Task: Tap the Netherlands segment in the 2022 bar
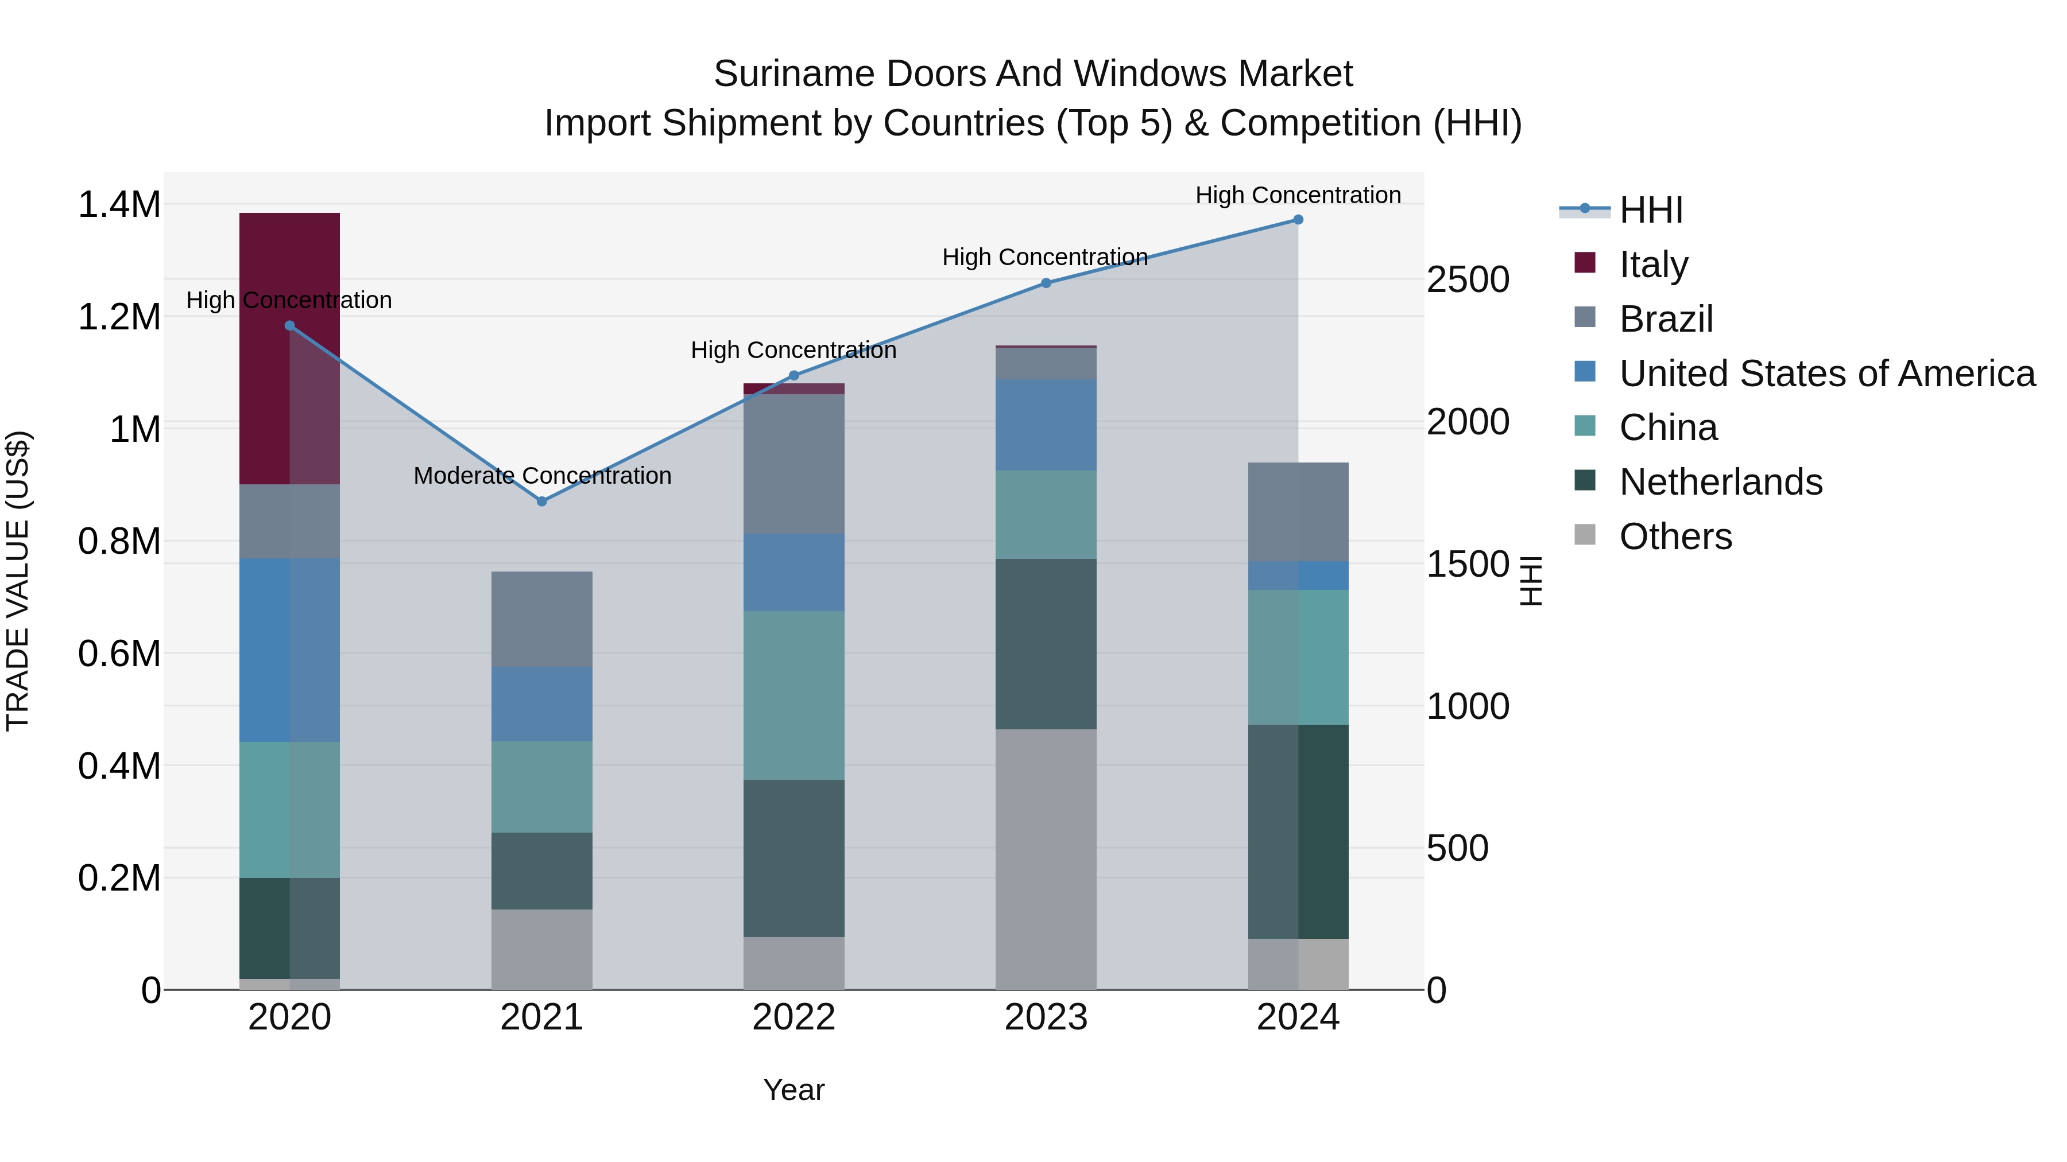(793, 858)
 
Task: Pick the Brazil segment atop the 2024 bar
(1298, 512)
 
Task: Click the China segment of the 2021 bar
(541, 786)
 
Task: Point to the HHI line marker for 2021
(541, 501)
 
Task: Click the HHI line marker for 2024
(1298, 220)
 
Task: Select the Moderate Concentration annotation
(541, 476)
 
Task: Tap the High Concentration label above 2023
(1045, 258)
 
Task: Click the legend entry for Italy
(1653, 264)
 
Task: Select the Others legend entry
(1675, 537)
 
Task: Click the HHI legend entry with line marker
(1649, 210)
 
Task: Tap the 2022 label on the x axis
(793, 1017)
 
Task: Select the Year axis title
(793, 1090)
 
